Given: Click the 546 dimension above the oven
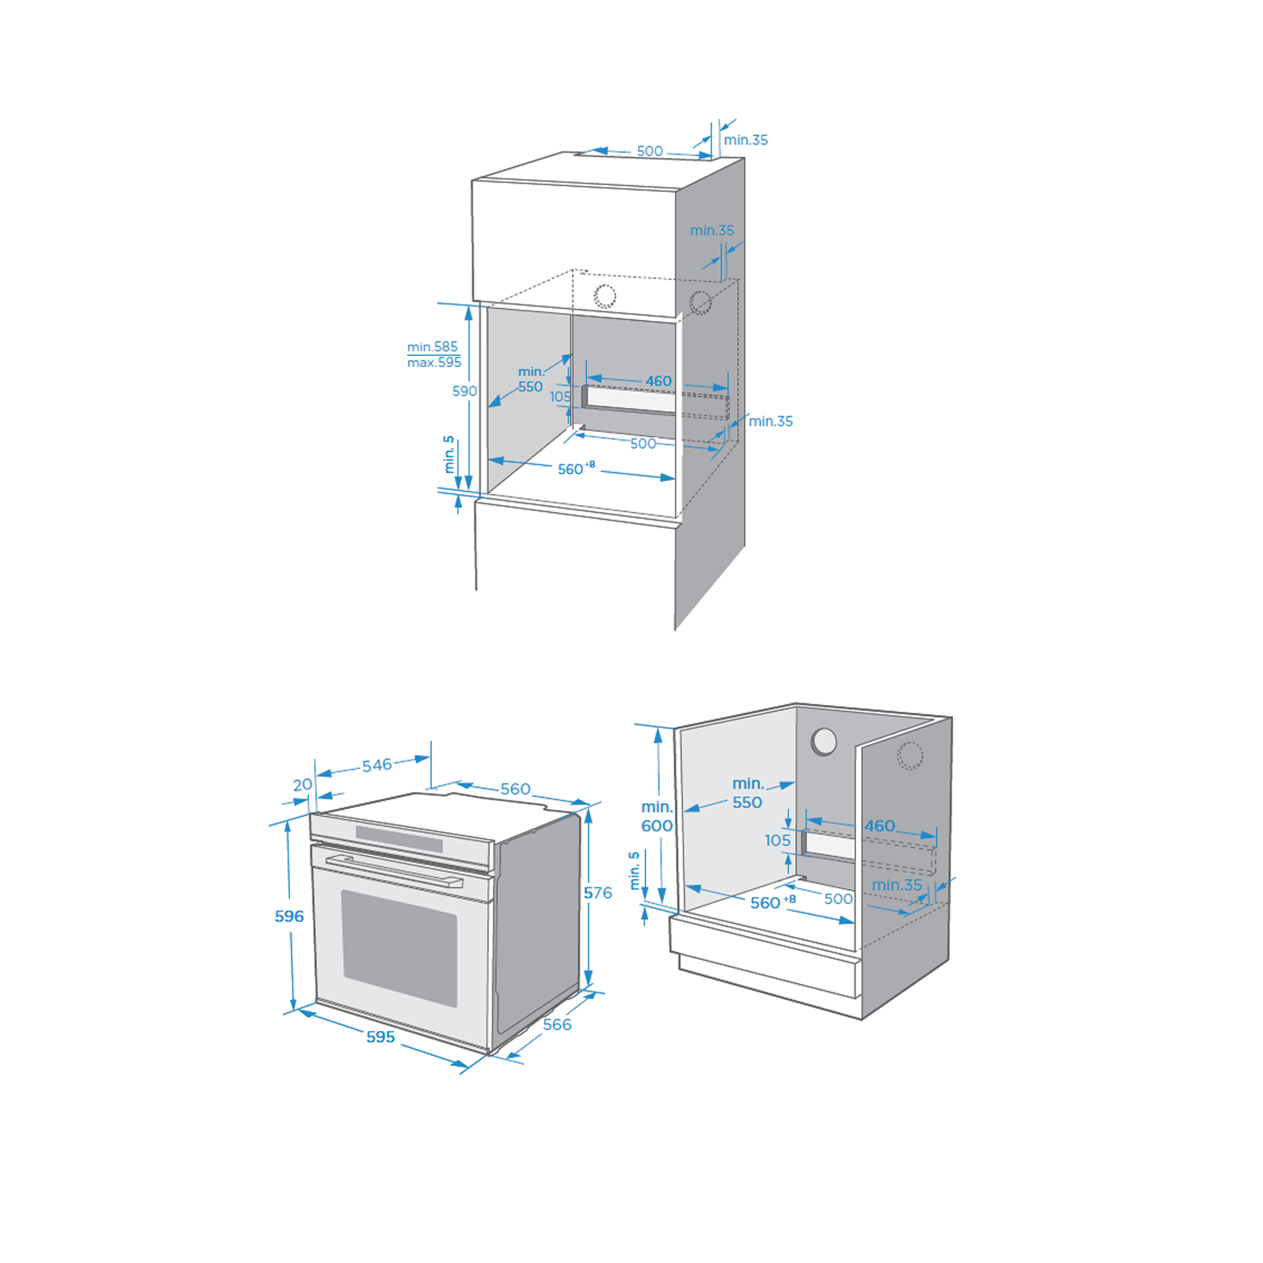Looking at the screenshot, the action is (377, 765).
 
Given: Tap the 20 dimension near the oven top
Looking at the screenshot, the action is (303, 784).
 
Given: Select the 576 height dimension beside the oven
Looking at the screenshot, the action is (598, 893).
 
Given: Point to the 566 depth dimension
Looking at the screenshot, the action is (557, 1024).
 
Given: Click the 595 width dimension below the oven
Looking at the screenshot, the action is (381, 1037).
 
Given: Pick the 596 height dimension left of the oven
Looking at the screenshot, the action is (289, 916).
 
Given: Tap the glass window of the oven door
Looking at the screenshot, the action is (399, 948).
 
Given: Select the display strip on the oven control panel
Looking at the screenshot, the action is (399, 838).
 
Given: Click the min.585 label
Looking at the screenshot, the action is (433, 346).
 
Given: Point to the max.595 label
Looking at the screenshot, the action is (434, 363).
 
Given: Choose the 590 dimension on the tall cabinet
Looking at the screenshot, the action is (464, 391).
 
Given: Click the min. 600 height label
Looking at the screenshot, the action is (657, 816).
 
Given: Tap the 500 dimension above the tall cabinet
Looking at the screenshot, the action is (649, 151).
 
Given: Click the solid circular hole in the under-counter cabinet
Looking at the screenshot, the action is (824, 741).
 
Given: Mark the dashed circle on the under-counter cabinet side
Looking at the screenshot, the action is (910, 756).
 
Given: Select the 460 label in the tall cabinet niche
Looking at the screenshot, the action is (658, 381).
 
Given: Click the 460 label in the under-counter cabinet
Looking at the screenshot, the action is (880, 825).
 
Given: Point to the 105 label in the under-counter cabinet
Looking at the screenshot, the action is (777, 841).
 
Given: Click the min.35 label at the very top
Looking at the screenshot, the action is (746, 140).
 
